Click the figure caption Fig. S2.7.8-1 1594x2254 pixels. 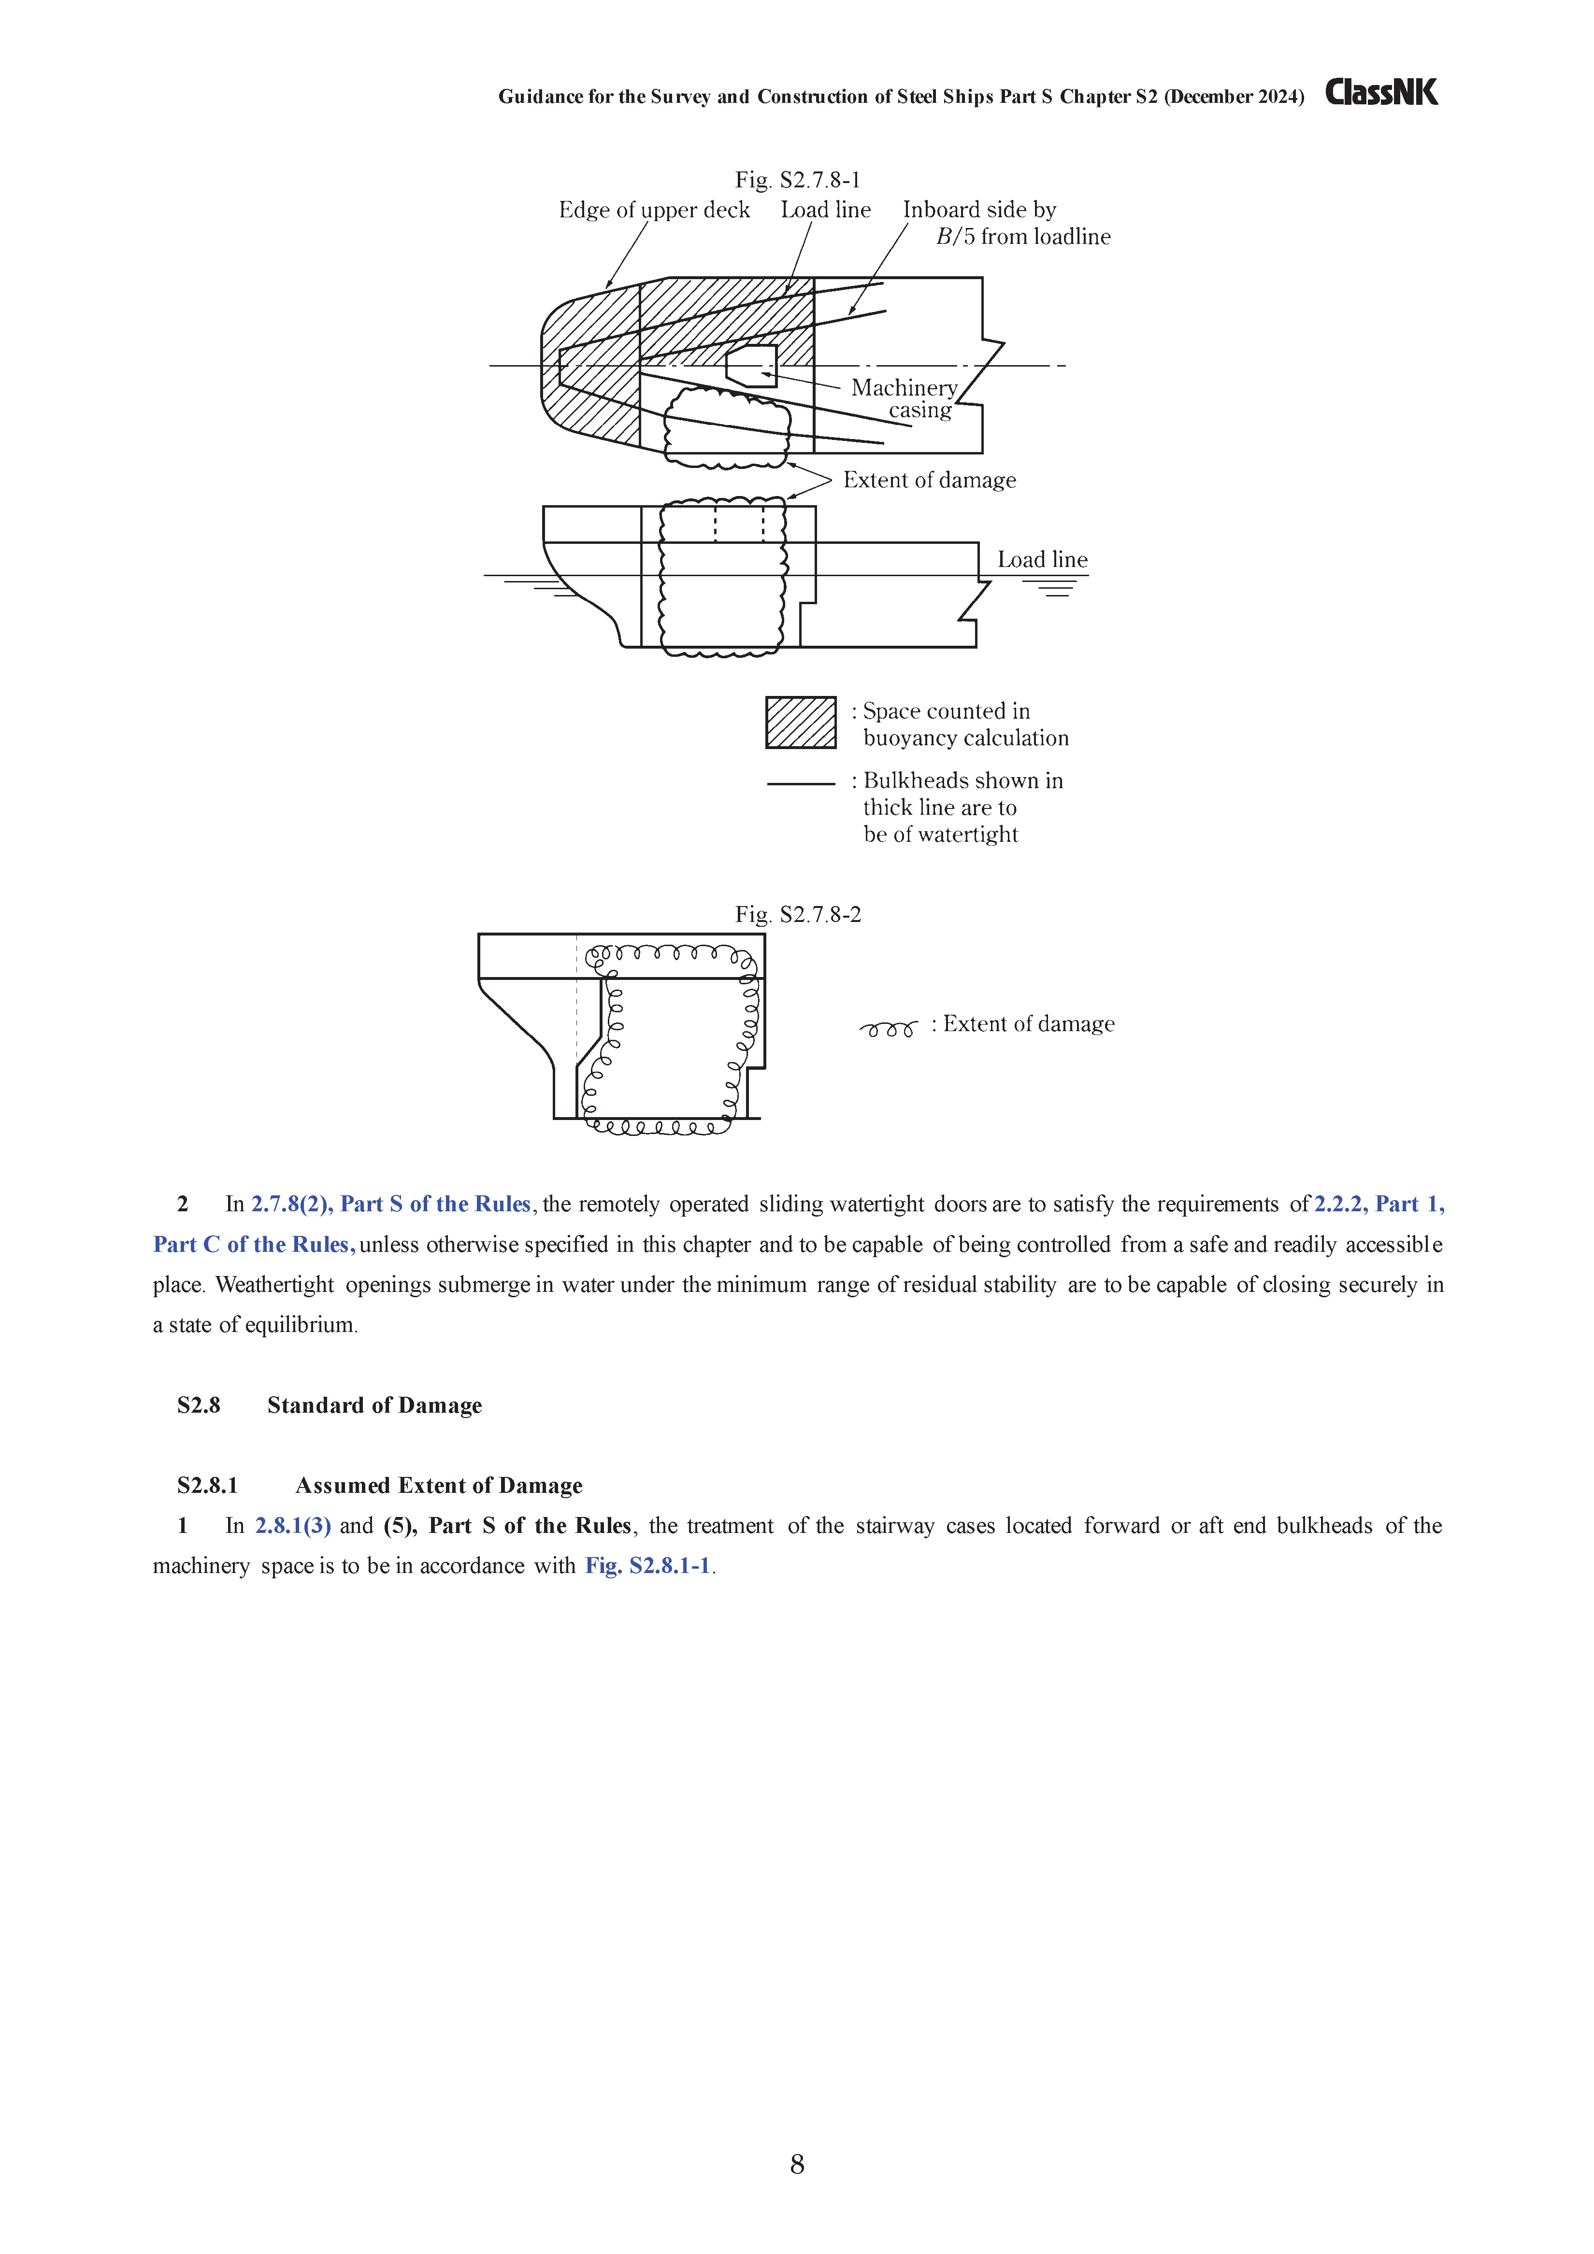coord(798,180)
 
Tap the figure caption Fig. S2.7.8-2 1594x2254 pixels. coord(798,915)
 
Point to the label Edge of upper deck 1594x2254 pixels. coord(654,210)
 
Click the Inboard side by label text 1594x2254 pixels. coord(979,210)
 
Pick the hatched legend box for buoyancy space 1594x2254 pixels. coord(801,723)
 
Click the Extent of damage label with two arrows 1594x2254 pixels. coord(929,480)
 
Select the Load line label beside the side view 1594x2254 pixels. coord(1042,560)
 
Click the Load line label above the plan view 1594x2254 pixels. coord(825,210)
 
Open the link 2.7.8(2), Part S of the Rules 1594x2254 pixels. coord(391,1205)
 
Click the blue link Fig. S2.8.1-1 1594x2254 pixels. coord(647,1566)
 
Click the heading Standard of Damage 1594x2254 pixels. coord(374,1406)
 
